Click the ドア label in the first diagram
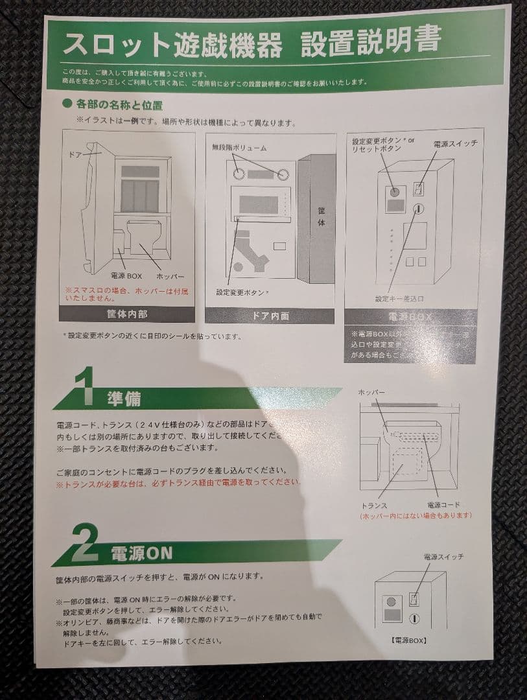point(75,156)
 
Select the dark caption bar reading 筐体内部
point(126,314)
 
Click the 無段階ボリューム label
point(239,148)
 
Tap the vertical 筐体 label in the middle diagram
point(321,217)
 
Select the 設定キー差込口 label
point(401,299)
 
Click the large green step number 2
point(85,544)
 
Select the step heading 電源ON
point(141,553)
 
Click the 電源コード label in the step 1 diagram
point(443,506)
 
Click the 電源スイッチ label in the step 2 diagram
point(444,557)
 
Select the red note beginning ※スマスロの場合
point(127,294)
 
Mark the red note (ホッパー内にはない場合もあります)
point(416,516)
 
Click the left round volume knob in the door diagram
point(239,174)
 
